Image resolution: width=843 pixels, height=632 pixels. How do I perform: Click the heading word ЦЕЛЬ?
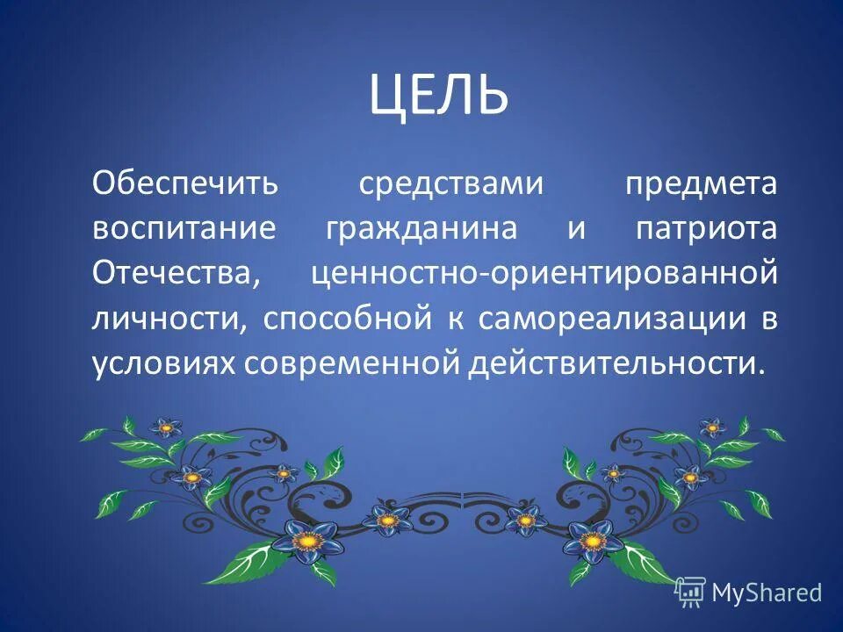438,96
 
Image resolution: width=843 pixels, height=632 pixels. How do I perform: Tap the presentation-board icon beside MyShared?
690,592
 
